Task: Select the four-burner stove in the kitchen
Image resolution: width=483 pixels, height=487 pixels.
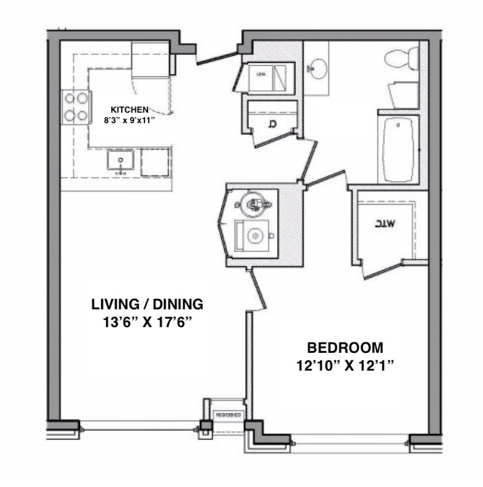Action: tap(75, 107)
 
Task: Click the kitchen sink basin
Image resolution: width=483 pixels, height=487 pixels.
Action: tap(120, 162)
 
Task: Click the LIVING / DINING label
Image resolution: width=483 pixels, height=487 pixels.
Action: tap(147, 304)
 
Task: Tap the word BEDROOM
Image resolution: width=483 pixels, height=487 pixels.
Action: tap(345, 349)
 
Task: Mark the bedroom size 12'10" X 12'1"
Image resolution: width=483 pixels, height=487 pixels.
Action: tap(345, 366)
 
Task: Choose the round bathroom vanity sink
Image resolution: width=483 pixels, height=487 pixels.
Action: tap(316, 67)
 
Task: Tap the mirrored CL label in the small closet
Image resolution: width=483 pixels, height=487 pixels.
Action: tap(271, 125)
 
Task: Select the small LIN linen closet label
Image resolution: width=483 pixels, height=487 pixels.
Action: tap(261, 75)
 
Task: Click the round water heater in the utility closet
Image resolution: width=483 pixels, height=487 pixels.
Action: tap(252, 203)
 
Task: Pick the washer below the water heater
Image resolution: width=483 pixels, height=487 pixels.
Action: tap(253, 235)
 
